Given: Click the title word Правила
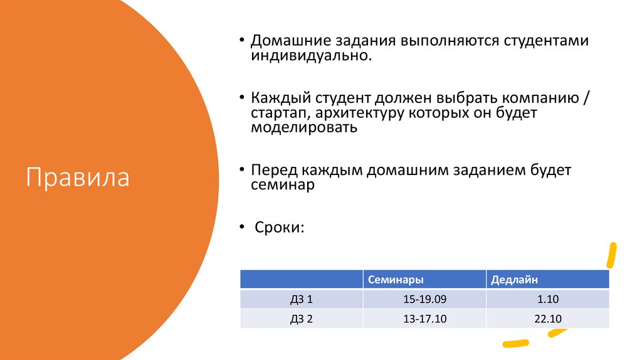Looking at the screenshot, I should (78, 177).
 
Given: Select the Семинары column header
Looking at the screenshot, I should (395, 279).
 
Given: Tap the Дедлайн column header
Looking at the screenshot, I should (515, 279).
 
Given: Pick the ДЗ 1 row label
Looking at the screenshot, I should (302, 299).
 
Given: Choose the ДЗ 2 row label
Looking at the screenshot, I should (302, 319).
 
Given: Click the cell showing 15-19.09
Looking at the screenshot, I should (424, 299).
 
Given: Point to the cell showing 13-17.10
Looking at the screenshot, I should (424, 319).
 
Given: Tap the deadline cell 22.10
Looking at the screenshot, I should (547, 319).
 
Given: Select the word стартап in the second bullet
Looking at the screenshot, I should (280, 114).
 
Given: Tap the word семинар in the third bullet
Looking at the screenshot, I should (282, 185).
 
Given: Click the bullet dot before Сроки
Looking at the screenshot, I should (242, 226).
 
